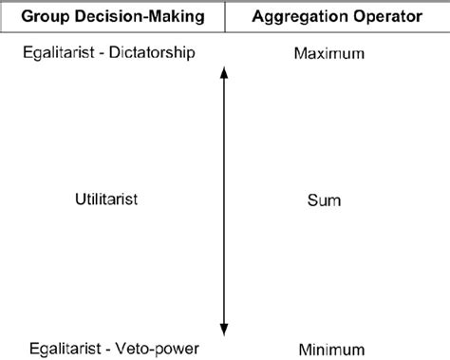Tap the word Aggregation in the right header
coord(297,18)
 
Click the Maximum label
coord(329,54)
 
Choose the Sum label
coord(325,200)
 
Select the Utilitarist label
coord(107,199)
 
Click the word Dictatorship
coord(152,52)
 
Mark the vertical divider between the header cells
coord(225,18)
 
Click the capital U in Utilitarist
coord(79,199)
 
